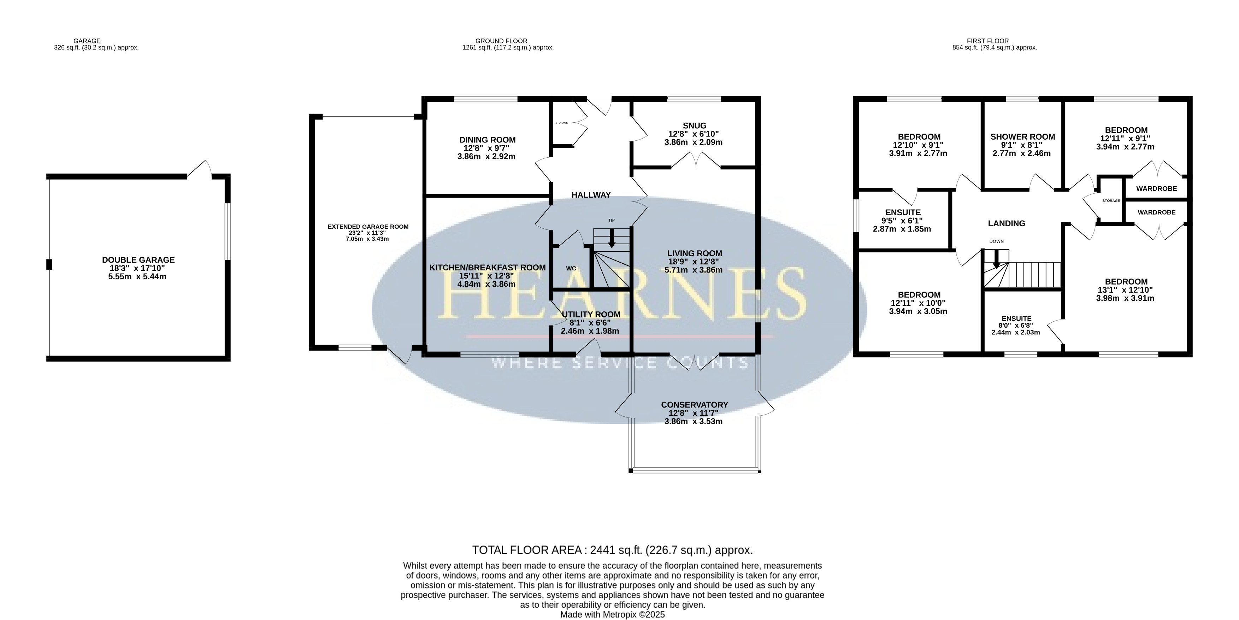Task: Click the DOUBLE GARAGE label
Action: [138, 260]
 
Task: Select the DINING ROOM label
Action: [487, 140]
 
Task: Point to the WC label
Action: [571, 269]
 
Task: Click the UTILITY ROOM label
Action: [591, 314]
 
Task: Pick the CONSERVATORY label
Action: [695, 405]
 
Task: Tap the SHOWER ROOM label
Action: [1022, 137]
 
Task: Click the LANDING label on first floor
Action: [1007, 223]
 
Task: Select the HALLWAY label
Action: [591, 195]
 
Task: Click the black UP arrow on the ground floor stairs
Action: [612, 239]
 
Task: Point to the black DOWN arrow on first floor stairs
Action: [996, 259]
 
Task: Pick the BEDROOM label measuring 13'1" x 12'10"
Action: [1126, 282]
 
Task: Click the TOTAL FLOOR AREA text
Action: [613, 550]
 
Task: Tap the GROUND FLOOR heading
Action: [501, 41]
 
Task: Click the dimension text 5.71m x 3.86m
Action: [694, 270]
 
